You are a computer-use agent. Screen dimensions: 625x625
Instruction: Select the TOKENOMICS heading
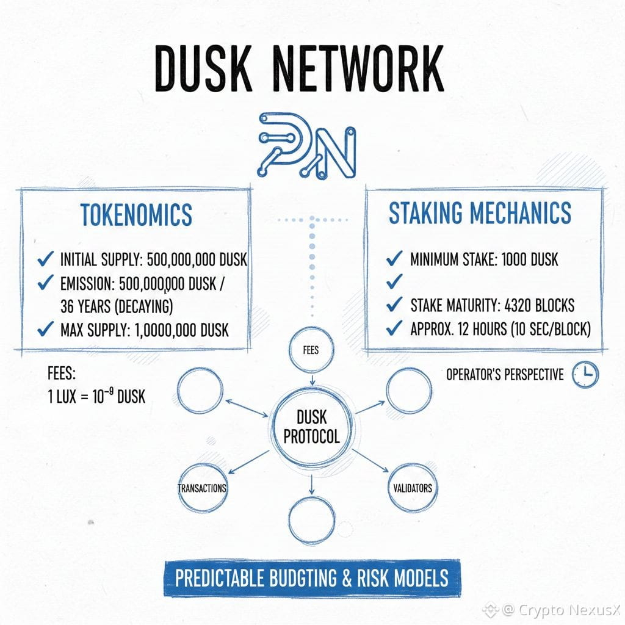(136, 215)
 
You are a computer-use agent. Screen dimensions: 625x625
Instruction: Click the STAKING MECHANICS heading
(480, 212)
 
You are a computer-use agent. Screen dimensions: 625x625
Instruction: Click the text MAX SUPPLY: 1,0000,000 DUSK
(145, 330)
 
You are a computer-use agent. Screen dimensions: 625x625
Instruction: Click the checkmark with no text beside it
(395, 281)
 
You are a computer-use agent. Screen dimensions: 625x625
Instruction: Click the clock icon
(585, 374)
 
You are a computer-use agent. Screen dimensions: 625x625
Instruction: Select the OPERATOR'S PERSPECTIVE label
(505, 374)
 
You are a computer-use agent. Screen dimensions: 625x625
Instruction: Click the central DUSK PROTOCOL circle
(311, 427)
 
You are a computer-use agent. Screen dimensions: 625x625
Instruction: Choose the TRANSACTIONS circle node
(202, 488)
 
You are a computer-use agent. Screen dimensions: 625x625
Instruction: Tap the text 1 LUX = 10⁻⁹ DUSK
(96, 396)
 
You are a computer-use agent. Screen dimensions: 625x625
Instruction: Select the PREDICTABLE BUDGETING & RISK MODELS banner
(312, 577)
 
